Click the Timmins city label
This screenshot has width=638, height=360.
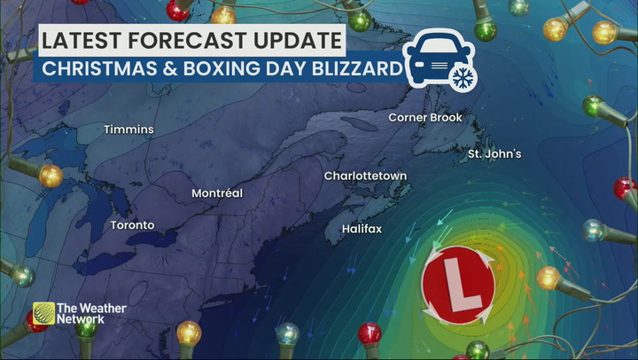point(128,129)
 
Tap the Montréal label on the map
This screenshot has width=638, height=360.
point(217,193)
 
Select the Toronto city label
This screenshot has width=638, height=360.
point(132,225)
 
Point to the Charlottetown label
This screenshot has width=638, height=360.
point(365,176)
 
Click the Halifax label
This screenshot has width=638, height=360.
point(362,229)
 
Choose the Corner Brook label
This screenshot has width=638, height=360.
point(425,117)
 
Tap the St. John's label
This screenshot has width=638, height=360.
point(494,154)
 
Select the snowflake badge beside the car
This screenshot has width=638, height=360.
point(461,78)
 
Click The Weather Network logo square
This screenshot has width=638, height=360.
point(44,313)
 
